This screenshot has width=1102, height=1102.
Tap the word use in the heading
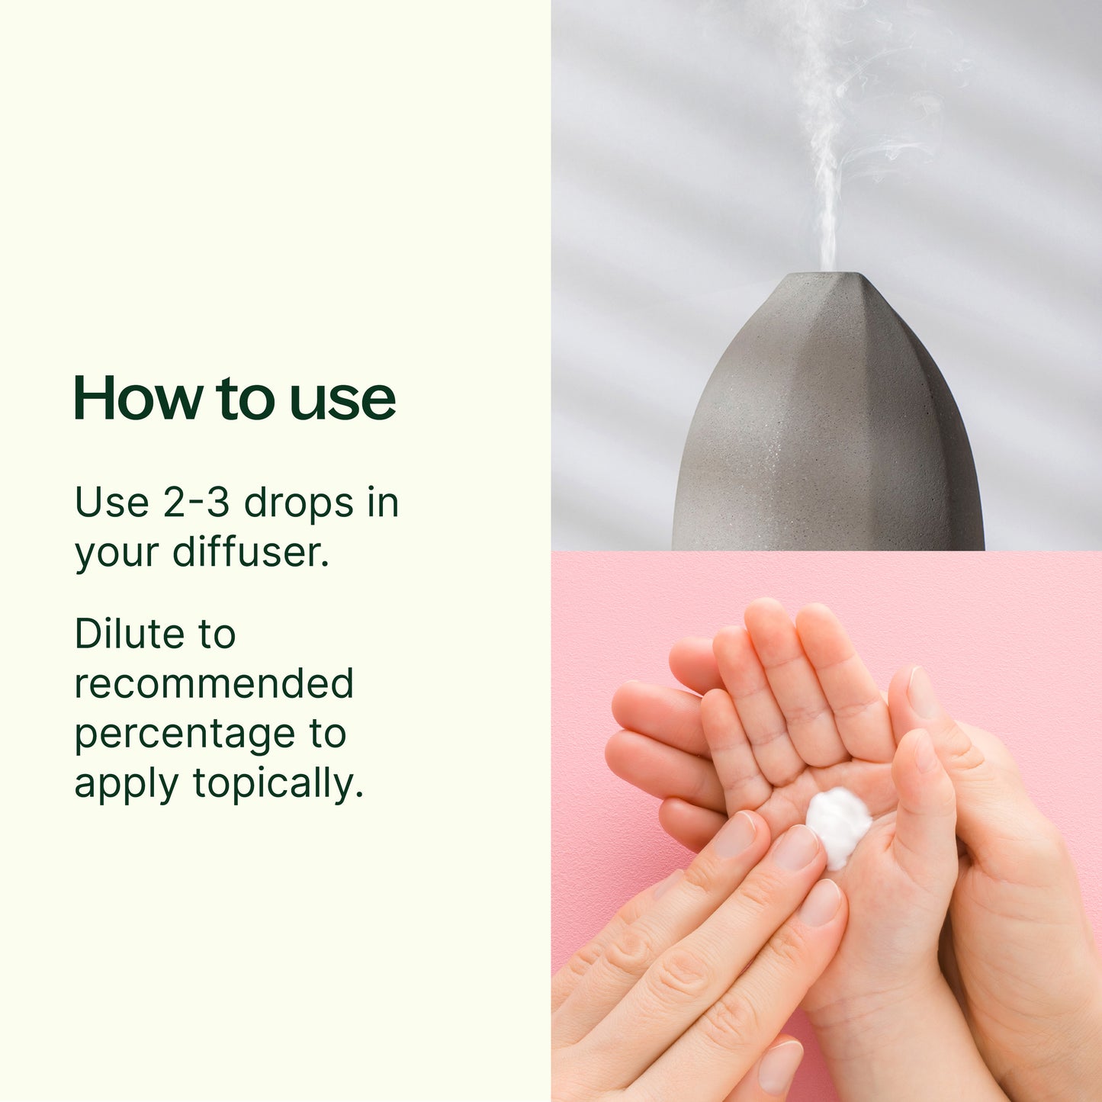click(342, 403)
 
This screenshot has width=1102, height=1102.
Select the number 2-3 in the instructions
click(195, 503)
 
